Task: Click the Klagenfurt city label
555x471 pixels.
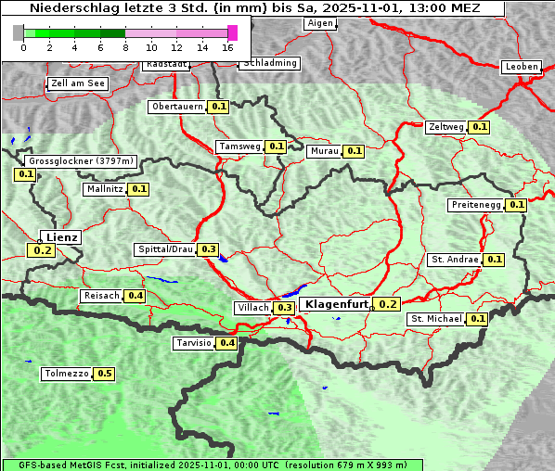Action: (338, 304)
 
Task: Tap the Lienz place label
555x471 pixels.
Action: (62, 237)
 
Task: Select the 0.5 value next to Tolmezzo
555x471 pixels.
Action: (105, 374)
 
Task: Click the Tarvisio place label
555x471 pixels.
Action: (193, 343)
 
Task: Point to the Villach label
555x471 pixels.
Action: (252, 307)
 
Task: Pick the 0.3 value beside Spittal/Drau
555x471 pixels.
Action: (209, 249)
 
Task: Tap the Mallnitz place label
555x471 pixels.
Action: (103, 189)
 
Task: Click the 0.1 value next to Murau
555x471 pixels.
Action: (354, 150)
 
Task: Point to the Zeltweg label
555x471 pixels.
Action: (445, 127)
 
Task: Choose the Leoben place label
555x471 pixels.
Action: (521, 67)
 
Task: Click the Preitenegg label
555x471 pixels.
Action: (476, 205)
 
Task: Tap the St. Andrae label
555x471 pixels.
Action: (454, 260)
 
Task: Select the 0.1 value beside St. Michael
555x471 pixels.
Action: (478, 319)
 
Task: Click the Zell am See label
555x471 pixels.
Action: (77, 83)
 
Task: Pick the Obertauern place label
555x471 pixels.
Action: (176, 107)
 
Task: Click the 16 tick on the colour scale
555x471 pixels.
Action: (228, 46)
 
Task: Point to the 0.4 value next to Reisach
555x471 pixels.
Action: (136, 296)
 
